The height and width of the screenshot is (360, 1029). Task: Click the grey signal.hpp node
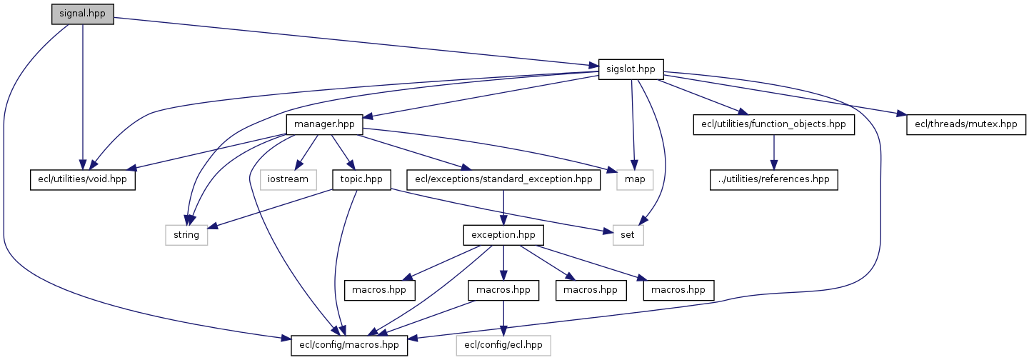click(x=83, y=14)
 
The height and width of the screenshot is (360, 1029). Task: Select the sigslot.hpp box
click(x=631, y=69)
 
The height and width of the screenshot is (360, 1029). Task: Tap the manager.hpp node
click(x=325, y=124)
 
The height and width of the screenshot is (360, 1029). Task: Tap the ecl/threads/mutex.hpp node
click(x=966, y=124)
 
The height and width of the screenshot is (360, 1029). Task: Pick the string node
click(x=186, y=234)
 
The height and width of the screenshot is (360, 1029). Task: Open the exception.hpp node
click(x=504, y=234)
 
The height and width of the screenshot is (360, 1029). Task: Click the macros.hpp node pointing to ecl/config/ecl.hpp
click(x=504, y=290)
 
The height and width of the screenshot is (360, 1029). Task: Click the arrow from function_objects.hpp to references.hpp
click(x=773, y=151)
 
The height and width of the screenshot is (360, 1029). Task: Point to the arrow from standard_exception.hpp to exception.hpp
click(x=504, y=207)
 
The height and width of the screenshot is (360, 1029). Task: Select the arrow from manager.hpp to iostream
click(x=305, y=153)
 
